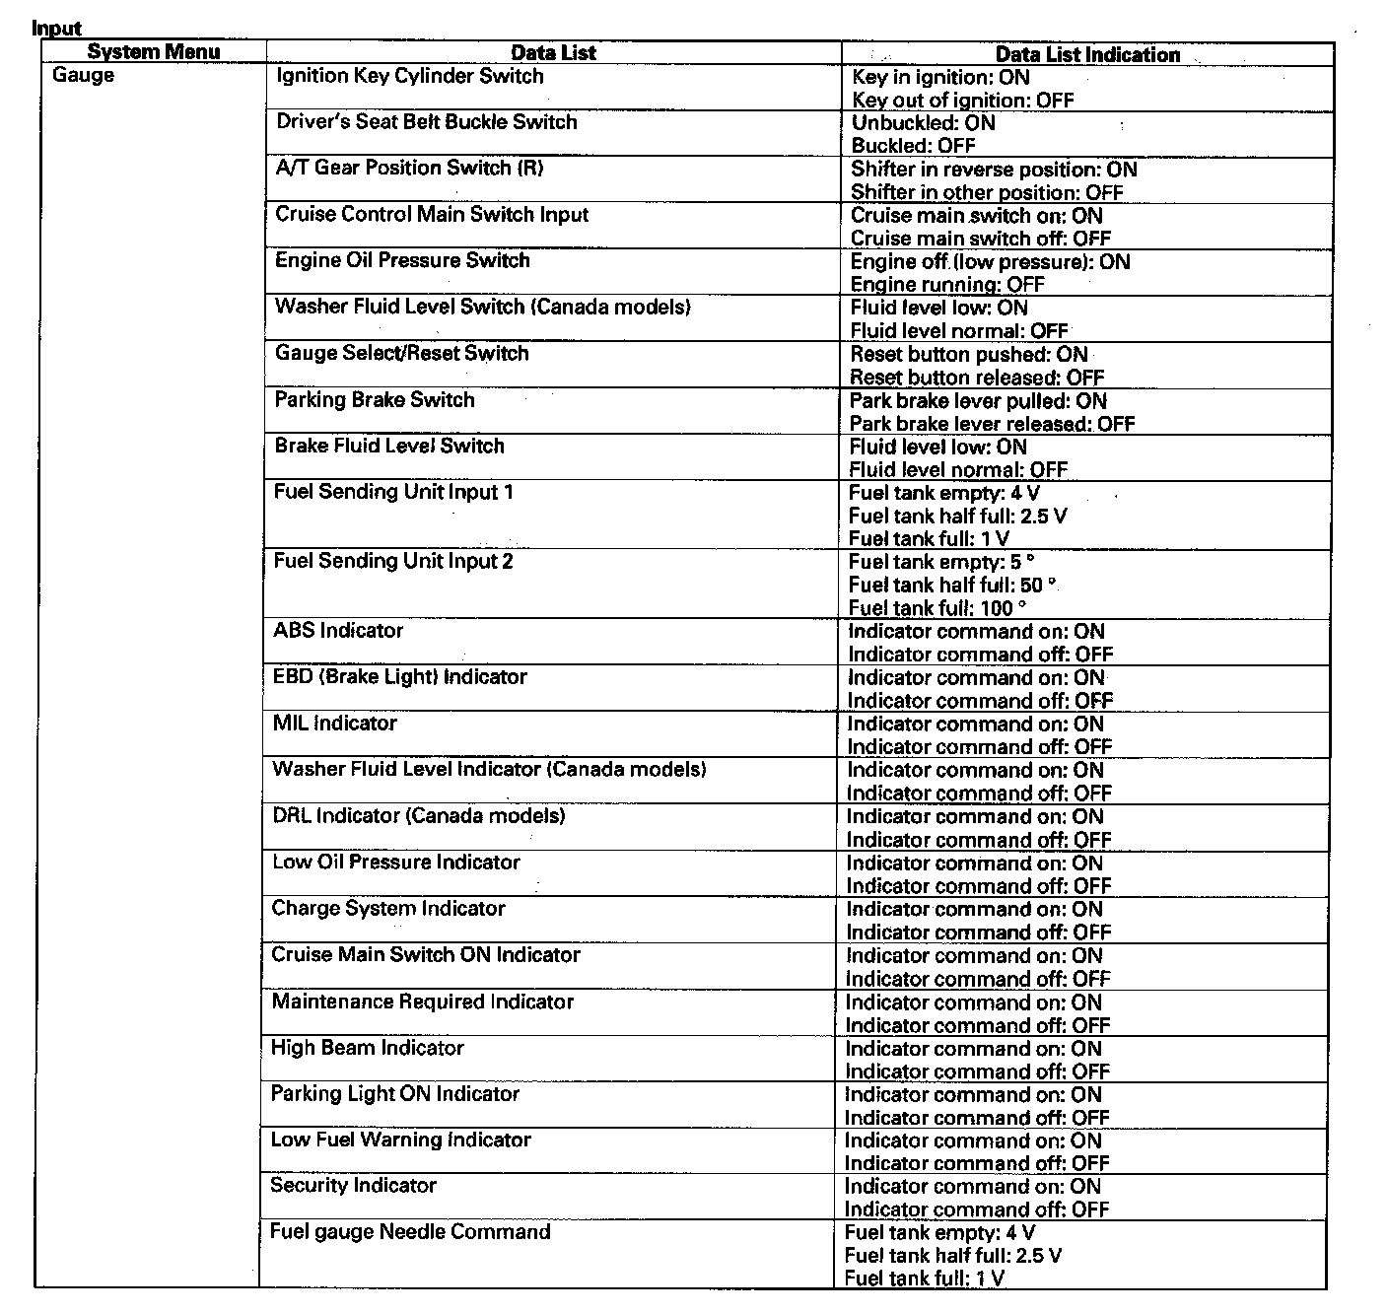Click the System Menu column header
153,52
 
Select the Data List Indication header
1087,54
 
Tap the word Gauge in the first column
83,76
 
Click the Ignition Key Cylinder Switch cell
409,76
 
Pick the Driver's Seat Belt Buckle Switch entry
426,122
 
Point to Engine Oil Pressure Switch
402,260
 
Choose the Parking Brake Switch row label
375,399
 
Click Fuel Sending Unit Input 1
393,492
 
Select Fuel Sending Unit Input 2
393,561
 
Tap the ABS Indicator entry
338,630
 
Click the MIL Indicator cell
335,723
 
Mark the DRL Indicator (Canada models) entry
419,816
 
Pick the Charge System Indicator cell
388,908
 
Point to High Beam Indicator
367,1048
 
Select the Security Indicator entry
353,1185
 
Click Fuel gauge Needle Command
410,1231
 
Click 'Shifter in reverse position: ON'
994,170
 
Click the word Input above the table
56,29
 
